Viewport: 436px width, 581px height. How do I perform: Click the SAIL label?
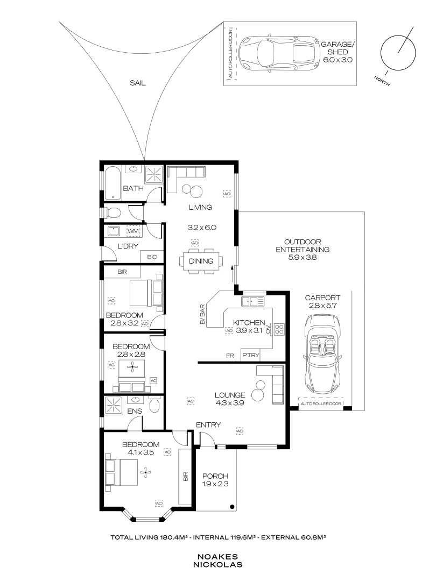(138, 83)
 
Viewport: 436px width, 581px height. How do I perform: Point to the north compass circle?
(398, 53)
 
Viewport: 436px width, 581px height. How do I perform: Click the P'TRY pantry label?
(251, 356)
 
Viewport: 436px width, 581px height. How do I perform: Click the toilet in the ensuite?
(154, 405)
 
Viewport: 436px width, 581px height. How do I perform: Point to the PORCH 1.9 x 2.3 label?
(215, 480)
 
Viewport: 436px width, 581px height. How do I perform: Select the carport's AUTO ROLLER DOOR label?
(321, 403)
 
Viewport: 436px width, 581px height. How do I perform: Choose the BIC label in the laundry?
(152, 257)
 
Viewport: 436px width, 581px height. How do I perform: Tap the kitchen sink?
(252, 301)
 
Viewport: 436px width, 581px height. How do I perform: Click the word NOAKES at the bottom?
(219, 557)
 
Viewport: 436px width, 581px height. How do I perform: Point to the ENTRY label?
(208, 424)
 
